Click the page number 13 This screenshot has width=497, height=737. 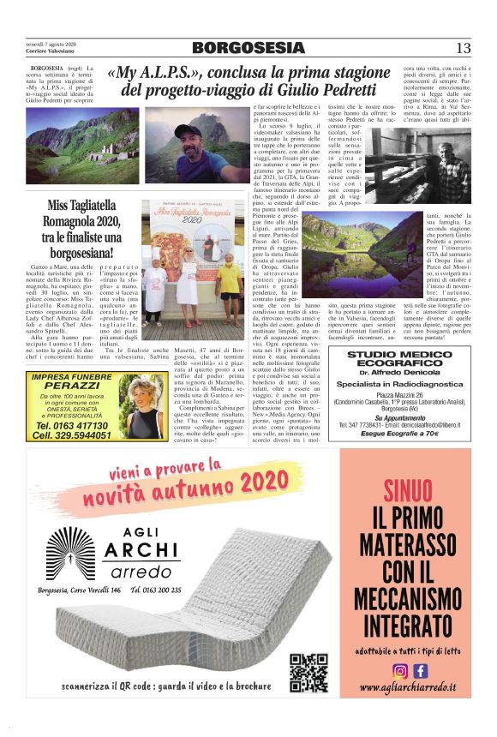pyautogui.click(x=463, y=48)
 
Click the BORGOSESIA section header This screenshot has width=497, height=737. pyautogui.click(x=248, y=48)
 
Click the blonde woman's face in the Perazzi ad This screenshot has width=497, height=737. pyautogui.click(x=141, y=403)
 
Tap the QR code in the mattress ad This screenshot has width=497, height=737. pyautogui.click(x=308, y=673)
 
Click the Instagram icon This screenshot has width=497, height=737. pyautogui.click(x=399, y=671)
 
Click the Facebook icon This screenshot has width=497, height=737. pyautogui.click(x=420, y=671)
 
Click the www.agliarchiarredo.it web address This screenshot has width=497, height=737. pyautogui.click(x=408, y=687)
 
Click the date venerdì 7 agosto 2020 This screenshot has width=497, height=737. pyautogui.click(x=51, y=44)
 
